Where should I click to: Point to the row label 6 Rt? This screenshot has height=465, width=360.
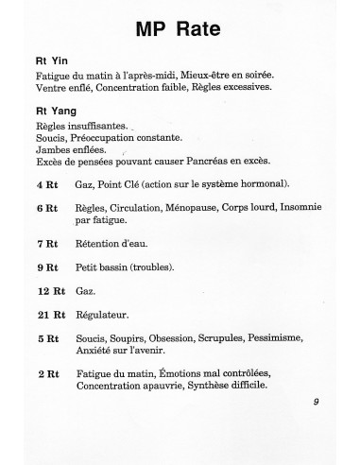pyautogui.click(x=46, y=207)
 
